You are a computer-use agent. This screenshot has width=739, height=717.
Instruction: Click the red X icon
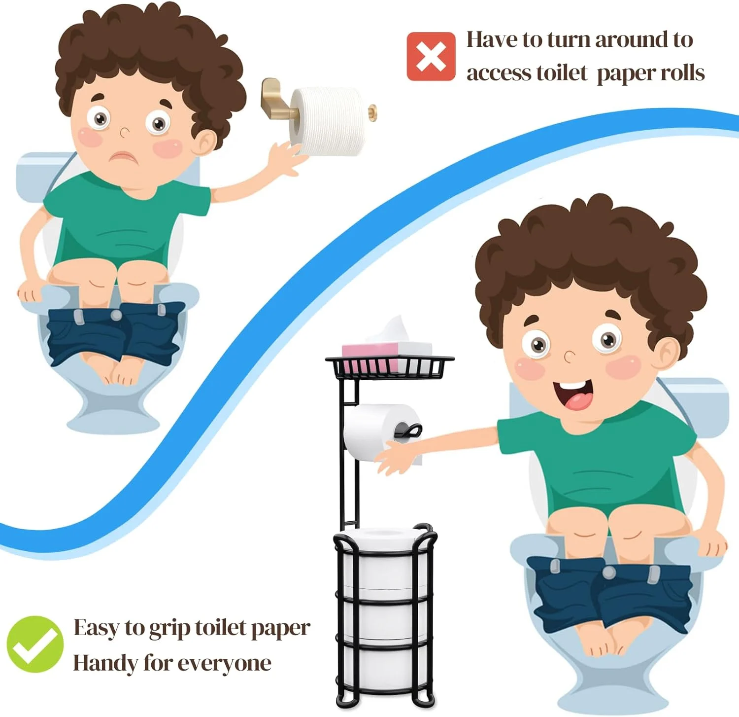[431, 56]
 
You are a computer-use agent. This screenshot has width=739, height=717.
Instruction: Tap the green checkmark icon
[35, 644]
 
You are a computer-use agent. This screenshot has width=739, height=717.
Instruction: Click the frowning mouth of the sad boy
[125, 157]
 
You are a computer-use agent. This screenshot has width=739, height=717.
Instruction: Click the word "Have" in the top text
[493, 40]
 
